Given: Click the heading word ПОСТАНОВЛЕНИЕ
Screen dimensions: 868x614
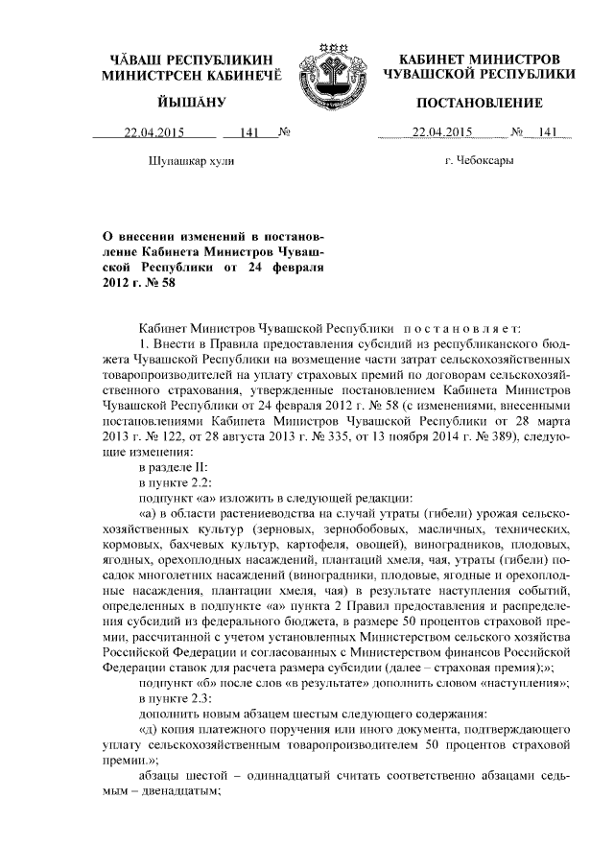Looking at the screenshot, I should tap(466, 103).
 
